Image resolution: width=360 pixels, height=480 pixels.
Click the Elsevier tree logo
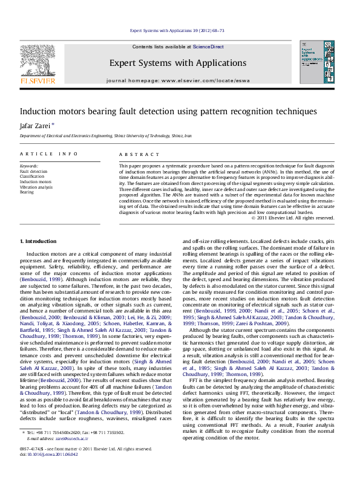pyautogui.click(x=38, y=62)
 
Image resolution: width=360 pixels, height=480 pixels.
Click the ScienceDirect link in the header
pyautogui.click(x=208, y=47)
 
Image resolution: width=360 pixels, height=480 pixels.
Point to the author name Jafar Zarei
pyautogui.click(x=37, y=125)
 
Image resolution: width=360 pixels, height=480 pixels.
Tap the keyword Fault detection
pyautogui.click(x=33, y=171)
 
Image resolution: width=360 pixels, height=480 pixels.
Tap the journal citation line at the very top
pyautogui.click(x=178, y=30)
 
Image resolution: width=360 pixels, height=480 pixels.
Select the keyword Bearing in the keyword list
pyautogui.click(x=27, y=192)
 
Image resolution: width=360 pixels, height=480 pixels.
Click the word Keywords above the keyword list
pyautogui.click(x=30, y=166)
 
